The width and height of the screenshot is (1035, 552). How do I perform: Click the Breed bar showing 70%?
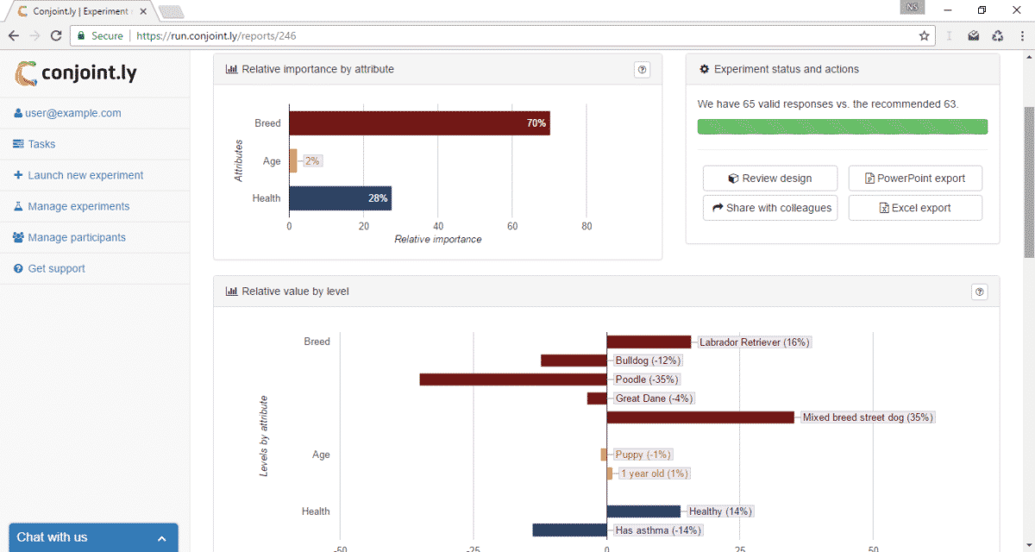(419, 123)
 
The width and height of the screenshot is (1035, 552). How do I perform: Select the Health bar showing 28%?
(340, 198)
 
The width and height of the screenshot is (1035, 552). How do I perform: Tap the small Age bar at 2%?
(293, 161)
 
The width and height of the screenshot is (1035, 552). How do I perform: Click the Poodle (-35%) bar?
(513, 379)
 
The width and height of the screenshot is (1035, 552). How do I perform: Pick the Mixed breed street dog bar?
(700, 417)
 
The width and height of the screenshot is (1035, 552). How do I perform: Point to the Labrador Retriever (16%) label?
(754, 342)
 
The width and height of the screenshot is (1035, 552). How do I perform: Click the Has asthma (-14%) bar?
(569, 530)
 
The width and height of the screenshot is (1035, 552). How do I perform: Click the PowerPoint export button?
(915, 179)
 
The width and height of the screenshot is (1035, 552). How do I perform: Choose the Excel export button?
(915, 208)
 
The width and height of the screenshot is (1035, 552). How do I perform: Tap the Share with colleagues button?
(770, 208)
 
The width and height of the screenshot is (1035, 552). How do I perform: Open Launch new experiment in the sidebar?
(85, 175)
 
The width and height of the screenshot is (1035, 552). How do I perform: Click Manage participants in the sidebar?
(77, 237)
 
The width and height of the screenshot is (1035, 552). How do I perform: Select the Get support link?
(56, 268)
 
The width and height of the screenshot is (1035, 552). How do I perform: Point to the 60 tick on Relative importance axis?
(512, 227)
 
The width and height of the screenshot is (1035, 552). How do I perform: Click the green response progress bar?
(842, 127)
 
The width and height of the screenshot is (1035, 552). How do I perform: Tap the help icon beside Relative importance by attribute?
(642, 70)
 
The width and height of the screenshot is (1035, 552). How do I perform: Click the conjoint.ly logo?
(76, 73)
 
